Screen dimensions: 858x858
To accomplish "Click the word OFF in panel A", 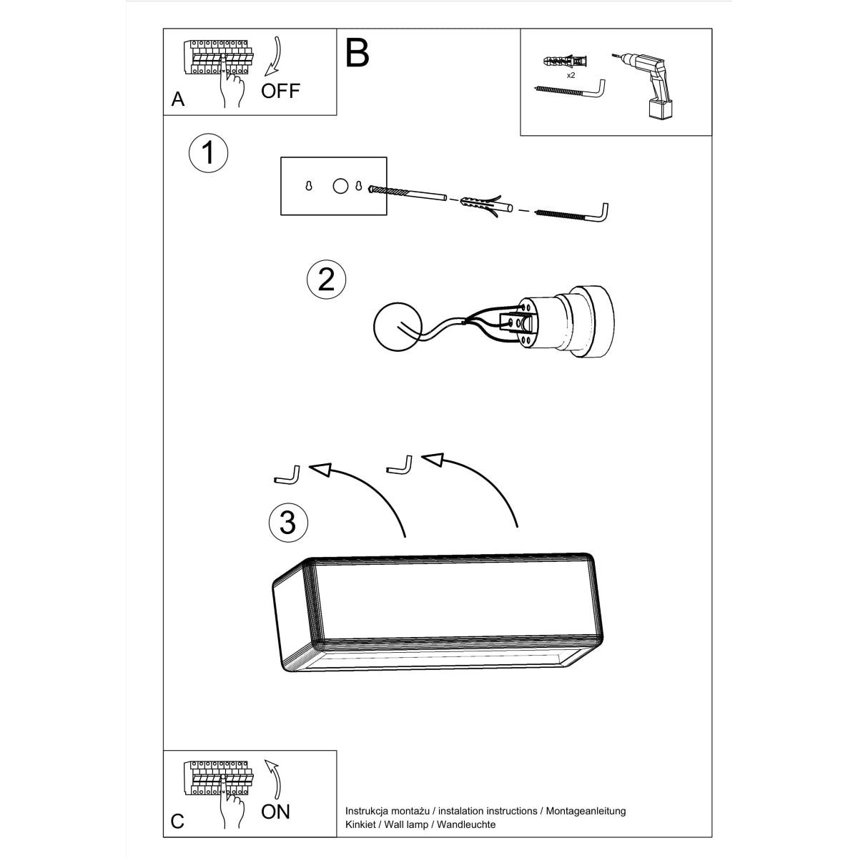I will coord(280,91).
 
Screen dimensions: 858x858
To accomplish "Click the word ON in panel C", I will coord(276,812).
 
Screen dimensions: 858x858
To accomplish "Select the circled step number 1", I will coord(208,152).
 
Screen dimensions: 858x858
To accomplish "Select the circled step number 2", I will coord(325,279).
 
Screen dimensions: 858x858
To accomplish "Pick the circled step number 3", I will coord(287,522).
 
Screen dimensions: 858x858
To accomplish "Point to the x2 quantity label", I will coord(571,75).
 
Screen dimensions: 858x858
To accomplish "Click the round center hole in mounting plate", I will coord(340,186).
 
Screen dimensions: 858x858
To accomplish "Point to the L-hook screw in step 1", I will coord(576,213).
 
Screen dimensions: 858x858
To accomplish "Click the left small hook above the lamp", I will coord(286,474).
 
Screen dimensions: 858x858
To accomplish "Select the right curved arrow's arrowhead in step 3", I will coord(434,459).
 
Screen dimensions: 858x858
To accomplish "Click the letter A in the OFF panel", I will coord(178,99).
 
